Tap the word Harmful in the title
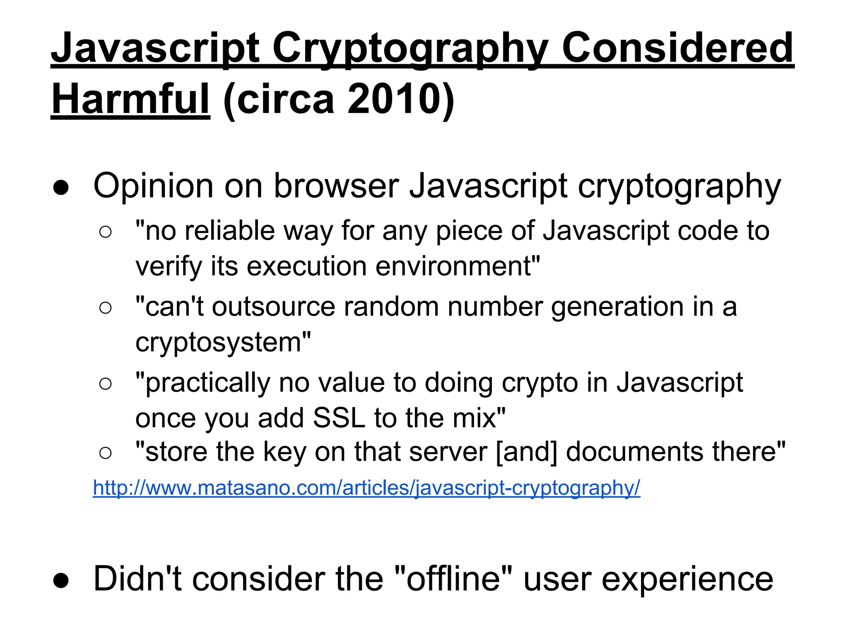tap(130, 99)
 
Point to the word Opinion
tap(153, 186)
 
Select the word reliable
tap(230, 231)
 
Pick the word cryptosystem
tap(222, 343)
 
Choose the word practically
tap(207, 383)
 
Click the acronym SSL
tap(339, 418)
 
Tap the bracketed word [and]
tap(526, 452)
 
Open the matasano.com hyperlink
tap(366, 488)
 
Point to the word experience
tap(687, 579)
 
